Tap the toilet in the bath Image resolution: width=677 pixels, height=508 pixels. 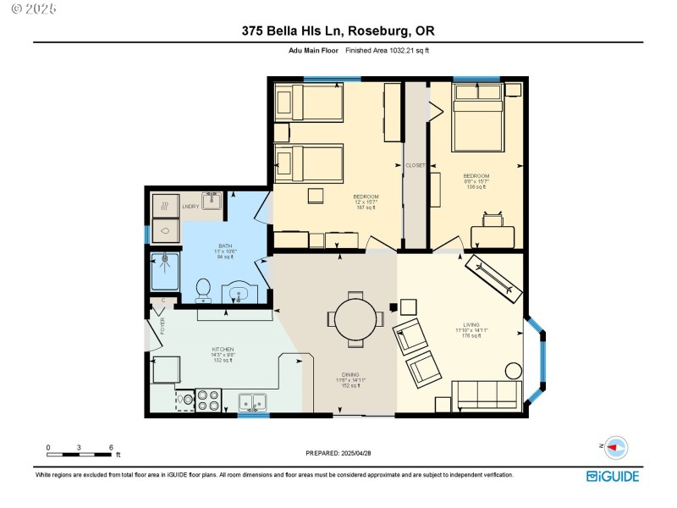click(x=203, y=290)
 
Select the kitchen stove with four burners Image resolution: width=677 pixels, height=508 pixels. click(x=208, y=399)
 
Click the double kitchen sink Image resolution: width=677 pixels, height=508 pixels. click(x=253, y=401)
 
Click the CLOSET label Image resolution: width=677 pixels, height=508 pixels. click(x=415, y=165)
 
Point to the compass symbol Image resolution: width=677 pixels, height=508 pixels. click(x=616, y=446)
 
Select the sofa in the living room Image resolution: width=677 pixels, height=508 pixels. click(x=486, y=394)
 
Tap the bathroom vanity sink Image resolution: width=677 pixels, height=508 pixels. click(x=240, y=293)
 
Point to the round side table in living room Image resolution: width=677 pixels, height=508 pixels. click(x=513, y=370)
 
